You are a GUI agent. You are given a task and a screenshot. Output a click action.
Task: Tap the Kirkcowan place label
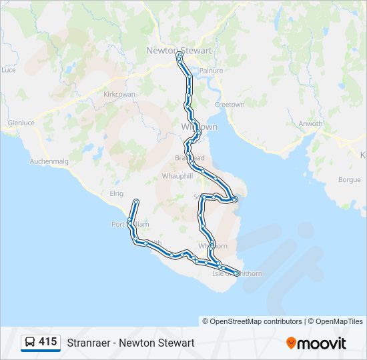pyautogui.click(x=119, y=95)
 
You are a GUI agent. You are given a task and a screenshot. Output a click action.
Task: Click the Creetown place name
pyautogui.click(x=229, y=105)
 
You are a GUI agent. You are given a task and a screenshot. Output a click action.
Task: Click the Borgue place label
pyautogui.click(x=349, y=180)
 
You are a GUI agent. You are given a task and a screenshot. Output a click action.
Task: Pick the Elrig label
pyautogui.click(x=117, y=193)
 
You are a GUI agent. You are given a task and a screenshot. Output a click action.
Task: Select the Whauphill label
pyautogui.click(x=177, y=176)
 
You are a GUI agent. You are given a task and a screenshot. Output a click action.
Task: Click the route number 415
pyautogui.click(x=48, y=342)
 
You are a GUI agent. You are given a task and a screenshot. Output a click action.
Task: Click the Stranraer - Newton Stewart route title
pyautogui.click(x=131, y=343)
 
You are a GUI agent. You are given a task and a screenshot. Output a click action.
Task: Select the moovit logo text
pyautogui.click(x=322, y=343)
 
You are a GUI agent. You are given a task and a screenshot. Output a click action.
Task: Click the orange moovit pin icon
pyautogui.click(x=291, y=343)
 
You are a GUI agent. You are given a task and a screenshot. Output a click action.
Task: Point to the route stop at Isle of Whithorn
pyautogui.click(x=237, y=273)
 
